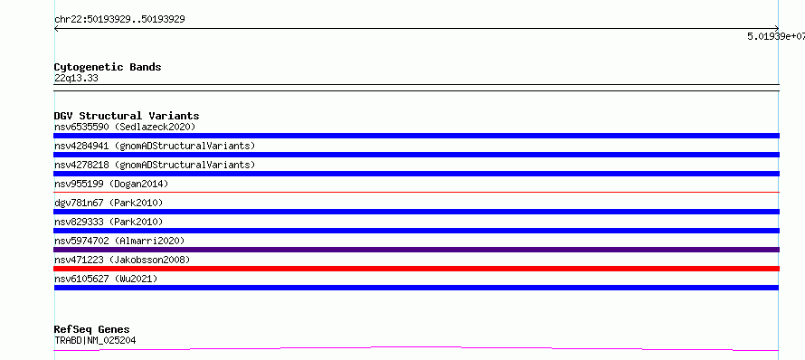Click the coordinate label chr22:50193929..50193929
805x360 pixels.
119,20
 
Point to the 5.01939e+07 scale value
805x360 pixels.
776,36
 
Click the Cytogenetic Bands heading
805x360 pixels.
108,67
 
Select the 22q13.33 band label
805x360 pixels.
76,79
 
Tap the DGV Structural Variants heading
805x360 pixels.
127,116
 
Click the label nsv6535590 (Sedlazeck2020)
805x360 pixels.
125,127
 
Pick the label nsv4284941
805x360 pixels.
81,146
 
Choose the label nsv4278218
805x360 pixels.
81,165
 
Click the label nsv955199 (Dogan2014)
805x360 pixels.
111,184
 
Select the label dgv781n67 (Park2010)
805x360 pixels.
109,203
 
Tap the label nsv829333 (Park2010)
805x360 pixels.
109,222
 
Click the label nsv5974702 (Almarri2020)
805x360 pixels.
119,241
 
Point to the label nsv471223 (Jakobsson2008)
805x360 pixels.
122,260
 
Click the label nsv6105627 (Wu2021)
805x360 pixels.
106,279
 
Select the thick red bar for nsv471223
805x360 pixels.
416,269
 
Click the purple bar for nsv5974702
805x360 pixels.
416,250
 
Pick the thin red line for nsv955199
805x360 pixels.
416,192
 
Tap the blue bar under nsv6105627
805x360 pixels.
416,288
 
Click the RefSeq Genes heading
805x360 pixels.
92,329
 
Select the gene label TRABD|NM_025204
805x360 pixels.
95,340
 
